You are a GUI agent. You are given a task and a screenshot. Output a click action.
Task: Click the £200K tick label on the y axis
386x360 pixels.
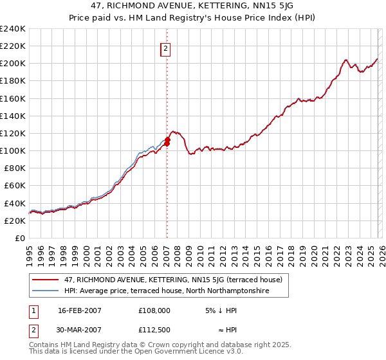13,64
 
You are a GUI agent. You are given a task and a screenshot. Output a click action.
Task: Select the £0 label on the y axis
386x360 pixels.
21,238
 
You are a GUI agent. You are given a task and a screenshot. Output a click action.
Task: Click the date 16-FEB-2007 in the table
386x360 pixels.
80,310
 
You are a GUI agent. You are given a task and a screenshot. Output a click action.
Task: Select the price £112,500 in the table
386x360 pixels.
154,330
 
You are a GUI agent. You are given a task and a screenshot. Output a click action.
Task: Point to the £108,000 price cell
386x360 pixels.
154,310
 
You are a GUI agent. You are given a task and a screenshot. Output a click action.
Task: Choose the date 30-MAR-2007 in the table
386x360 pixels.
80,330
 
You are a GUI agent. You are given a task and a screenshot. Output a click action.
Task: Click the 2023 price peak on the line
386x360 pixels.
345,60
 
